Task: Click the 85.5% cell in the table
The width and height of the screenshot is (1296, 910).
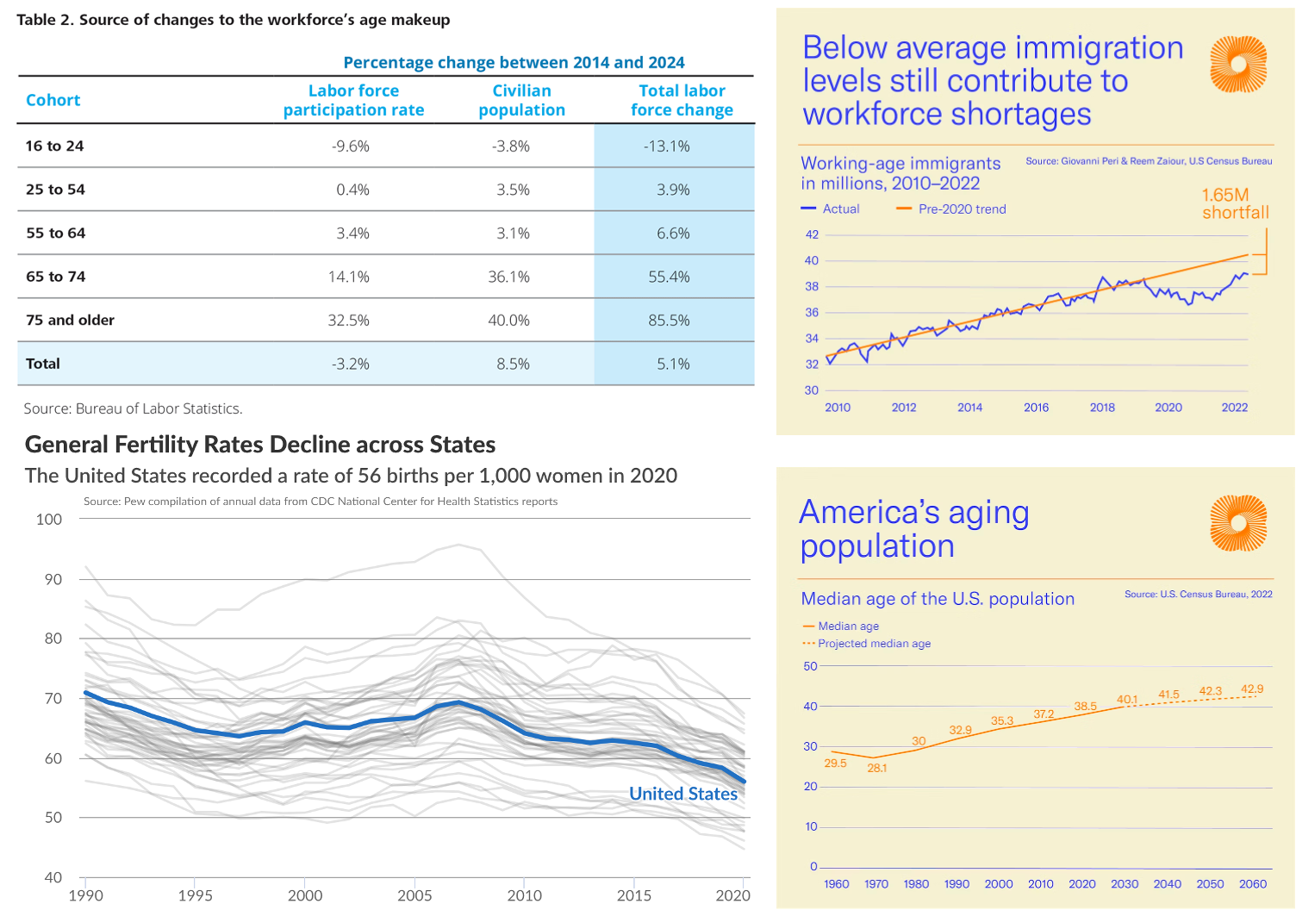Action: (673, 320)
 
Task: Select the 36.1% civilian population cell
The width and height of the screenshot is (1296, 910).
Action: (513, 277)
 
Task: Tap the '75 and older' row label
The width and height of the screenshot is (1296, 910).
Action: (70, 320)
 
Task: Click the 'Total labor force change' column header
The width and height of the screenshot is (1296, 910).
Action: (682, 100)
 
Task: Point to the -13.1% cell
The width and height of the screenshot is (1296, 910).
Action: (666, 146)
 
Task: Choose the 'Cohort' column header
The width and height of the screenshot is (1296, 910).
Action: (53, 100)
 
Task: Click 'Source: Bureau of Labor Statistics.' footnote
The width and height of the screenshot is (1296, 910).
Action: (133, 408)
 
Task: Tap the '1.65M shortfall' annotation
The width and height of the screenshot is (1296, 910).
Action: (1236, 203)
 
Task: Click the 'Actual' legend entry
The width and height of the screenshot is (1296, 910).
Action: (841, 209)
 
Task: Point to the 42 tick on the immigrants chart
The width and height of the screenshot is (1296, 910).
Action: (811, 234)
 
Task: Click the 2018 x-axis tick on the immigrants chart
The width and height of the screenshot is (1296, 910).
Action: (1102, 408)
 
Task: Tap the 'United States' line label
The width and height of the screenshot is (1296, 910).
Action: (683, 794)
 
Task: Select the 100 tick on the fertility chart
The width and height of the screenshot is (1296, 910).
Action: (49, 519)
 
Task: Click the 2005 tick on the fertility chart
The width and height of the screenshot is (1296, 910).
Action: (415, 895)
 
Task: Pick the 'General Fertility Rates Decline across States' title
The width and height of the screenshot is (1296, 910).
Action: (260, 445)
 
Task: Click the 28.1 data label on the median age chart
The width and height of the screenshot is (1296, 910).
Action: (876, 768)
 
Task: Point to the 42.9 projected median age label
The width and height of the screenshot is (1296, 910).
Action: (1252, 689)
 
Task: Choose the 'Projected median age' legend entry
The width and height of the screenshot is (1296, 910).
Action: (874, 644)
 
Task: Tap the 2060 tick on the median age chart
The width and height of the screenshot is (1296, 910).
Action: (1252, 884)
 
